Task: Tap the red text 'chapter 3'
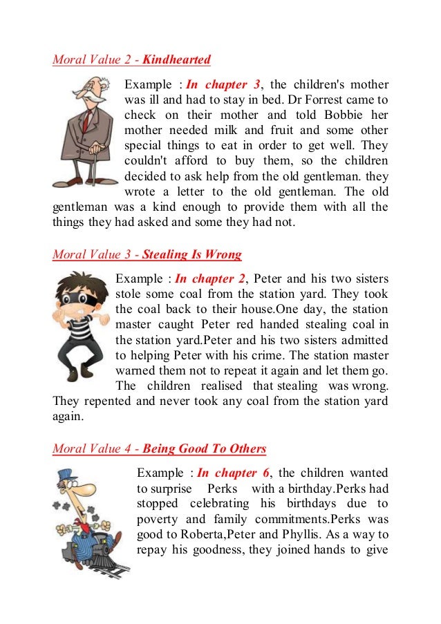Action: click(x=231, y=85)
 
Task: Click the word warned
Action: click(x=134, y=370)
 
